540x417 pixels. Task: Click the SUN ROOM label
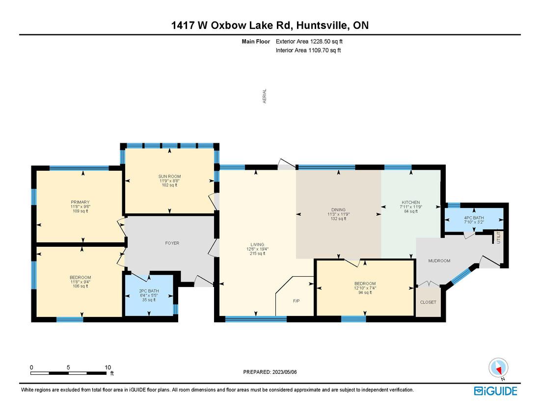click(169, 176)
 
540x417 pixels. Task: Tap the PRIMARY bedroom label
click(80, 202)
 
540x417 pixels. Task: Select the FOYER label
click(172, 243)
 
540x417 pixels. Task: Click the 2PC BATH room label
click(149, 291)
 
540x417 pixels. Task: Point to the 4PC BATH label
click(474, 218)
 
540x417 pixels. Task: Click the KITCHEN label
click(411, 202)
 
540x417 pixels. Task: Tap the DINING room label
click(339, 209)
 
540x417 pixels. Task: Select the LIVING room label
click(257, 245)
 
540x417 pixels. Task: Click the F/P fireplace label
click(296, 301)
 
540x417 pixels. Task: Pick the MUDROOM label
click(439, 261)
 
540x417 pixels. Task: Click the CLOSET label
click(428, 302)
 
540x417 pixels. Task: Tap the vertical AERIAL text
click(265, 96)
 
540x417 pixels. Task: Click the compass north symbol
click(498, 368)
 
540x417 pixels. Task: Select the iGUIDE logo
click(496, 391)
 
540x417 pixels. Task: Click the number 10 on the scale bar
click(108, 367)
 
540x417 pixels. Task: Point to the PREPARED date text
click(270, 372)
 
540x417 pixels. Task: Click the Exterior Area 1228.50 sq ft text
click(309, 42)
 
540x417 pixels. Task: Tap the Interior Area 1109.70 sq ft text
click(308, 50)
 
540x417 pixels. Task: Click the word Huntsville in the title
click(322, 25)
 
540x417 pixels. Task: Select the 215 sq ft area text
click(257, 254)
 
